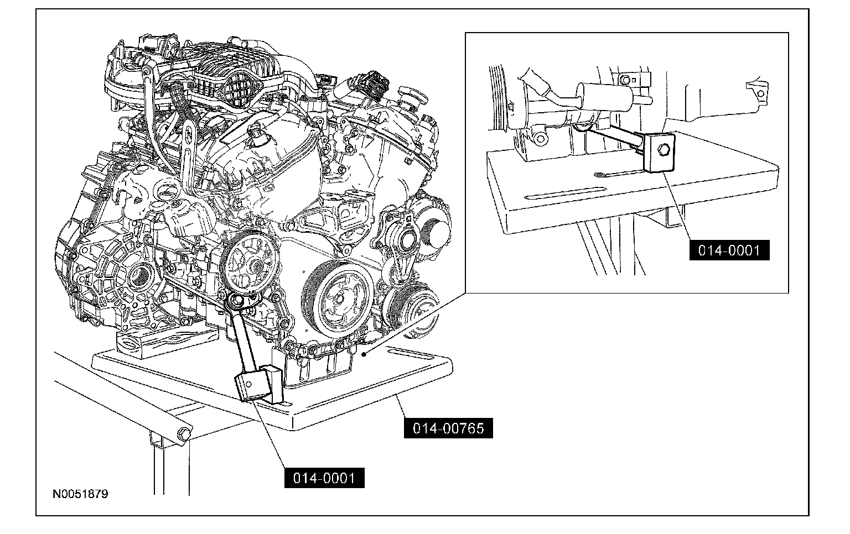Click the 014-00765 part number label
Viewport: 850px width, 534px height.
coord(448,428)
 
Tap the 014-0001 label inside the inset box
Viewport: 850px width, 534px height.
coord(729,250)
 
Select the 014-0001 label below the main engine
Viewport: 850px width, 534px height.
coord(324,478)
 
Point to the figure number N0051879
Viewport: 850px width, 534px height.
coord(80,494)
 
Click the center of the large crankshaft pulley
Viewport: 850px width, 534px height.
coord(336,299)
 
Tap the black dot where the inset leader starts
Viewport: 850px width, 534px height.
coord(364,355)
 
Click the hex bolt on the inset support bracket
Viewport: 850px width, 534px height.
coord(661,150)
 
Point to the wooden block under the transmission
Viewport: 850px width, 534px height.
coord(167,342)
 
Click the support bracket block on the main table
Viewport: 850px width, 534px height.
coord(260,384)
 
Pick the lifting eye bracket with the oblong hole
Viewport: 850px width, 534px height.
coord(186,151)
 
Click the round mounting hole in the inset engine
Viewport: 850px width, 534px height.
coord(540,139)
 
